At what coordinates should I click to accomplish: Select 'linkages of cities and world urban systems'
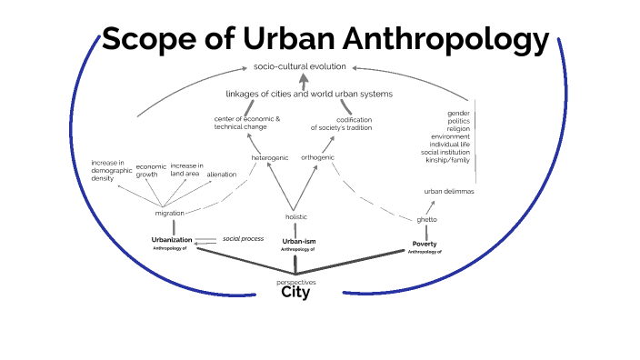[x=309, y=94]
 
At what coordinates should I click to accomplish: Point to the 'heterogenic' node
[x=270, y=157]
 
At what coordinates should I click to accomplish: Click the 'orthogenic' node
[x=317, y=157]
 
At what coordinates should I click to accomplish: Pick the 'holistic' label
[x=296, y=216]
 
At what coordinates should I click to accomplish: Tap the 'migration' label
[x=170, y=213]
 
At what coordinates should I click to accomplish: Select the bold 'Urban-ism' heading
[x=298, y=240]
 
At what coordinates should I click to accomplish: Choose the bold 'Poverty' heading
[x=425, y=244]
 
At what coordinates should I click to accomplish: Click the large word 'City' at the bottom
[x=295, y=293]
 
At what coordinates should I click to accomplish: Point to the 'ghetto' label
[x=426, y=220]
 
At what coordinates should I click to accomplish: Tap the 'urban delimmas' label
[x=449, y=192]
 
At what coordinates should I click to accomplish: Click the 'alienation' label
[x=222, y=174]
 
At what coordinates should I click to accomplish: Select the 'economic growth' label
[x=150, y=170]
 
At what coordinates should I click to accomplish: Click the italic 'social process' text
[x=243, y=238]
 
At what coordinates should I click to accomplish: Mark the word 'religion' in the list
[x=458, y=128]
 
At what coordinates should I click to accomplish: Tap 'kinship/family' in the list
[x=446, y=161]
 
